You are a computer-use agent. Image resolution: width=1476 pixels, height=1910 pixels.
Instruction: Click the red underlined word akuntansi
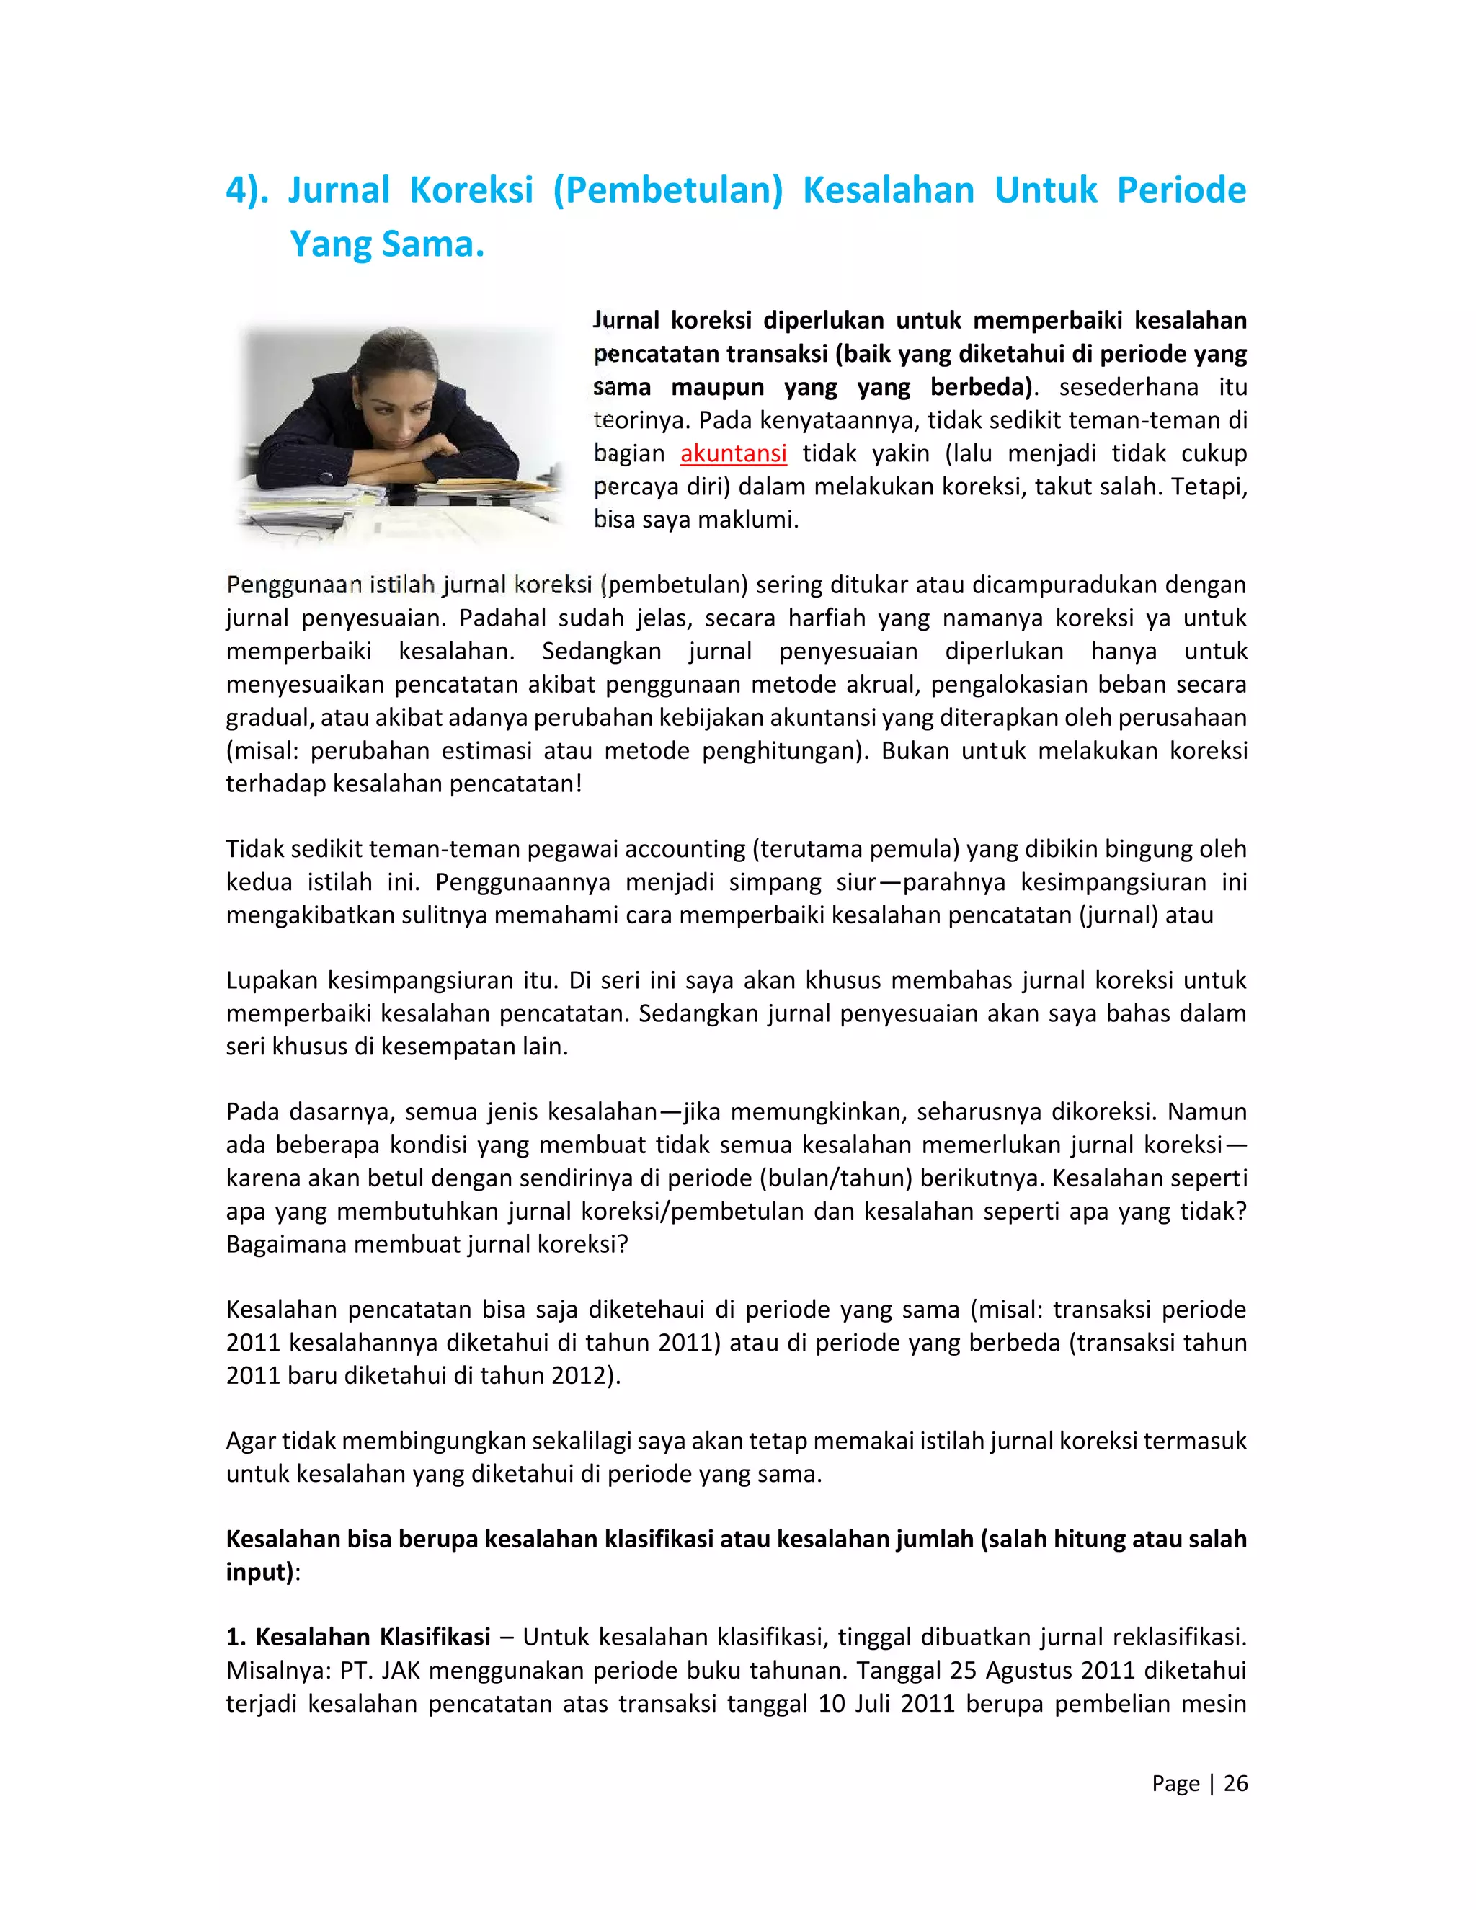pos(733,454)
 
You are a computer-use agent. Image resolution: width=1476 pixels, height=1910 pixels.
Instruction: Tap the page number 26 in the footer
pos(1235,1783)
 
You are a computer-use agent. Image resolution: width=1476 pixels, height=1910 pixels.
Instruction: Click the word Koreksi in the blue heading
pos(471,190)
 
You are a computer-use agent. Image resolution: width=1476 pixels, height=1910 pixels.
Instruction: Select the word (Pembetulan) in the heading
pos(668,190)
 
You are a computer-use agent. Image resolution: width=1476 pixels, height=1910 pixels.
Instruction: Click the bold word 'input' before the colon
pos(259,1571)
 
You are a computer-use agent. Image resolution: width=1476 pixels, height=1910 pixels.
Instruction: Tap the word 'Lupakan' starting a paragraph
pos(271,980)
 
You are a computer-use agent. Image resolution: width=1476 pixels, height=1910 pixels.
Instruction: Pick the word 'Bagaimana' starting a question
pos(286,1243)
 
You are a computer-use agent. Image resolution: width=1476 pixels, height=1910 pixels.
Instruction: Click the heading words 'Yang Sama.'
pos(386,244)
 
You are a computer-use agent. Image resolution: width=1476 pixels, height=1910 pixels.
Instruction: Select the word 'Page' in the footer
pos(1175,1783)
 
